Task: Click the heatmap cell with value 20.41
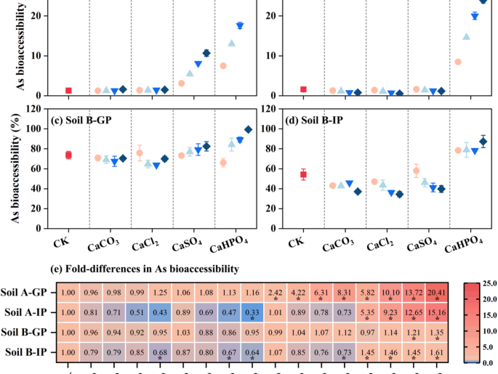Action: pos(437,293)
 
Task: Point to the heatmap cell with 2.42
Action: pos(276,293)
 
